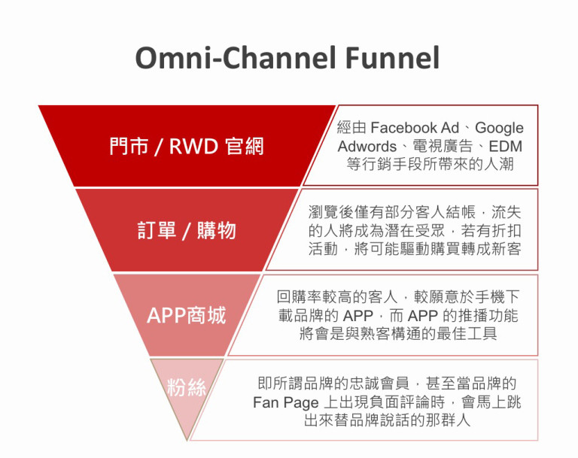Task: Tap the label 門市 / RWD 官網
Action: (x=185, y=145)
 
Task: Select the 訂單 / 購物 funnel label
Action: (x=187, y=230)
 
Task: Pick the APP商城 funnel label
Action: (x=186, y=315)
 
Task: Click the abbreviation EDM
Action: (x=504, y=146)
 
